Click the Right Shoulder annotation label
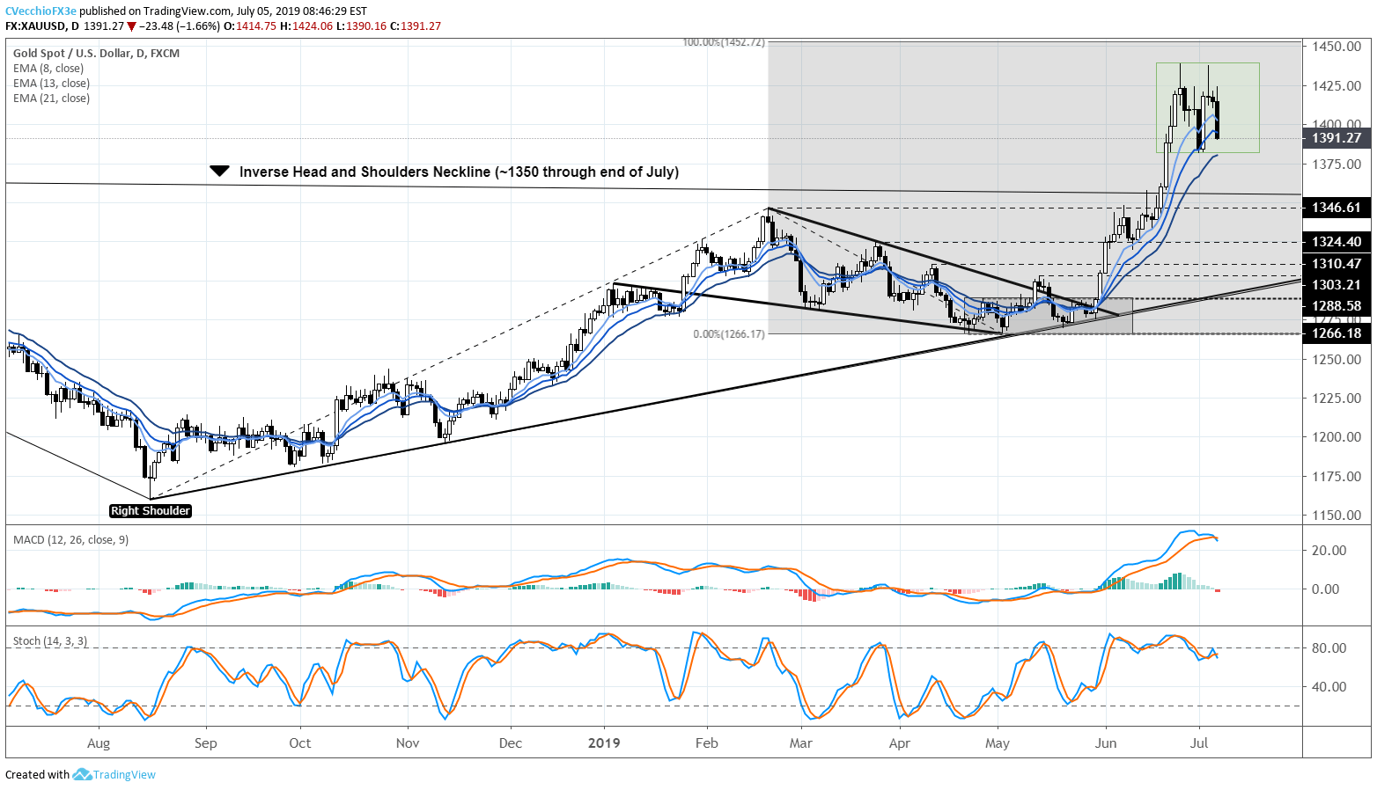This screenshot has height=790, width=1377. [151, 511]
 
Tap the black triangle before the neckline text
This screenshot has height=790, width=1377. [220, 172]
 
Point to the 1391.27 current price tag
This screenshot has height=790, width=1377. [1336, 138]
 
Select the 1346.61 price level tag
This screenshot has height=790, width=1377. [1336, 208]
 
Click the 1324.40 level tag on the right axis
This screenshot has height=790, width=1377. [1336, 242]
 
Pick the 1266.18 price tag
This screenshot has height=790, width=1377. [1336, 333]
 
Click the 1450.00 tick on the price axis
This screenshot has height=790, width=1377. [1336, 47]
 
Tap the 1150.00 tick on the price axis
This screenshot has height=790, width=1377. [1336, 516]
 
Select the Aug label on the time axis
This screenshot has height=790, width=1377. [99, 743]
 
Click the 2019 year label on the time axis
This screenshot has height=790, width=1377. [604, 743]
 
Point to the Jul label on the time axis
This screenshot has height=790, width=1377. [1198, 743]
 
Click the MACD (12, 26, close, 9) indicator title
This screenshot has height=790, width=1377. [70, 539]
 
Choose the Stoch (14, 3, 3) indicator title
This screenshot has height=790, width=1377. [50, 641]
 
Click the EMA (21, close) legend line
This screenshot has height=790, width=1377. [51, 99]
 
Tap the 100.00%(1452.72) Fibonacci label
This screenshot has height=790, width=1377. [724, 42]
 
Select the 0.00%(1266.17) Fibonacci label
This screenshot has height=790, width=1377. [729, 334]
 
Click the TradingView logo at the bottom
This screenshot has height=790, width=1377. [114, 775]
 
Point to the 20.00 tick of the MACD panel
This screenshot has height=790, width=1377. [1329, 551]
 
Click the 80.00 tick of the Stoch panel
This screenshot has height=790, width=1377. [1329, 648]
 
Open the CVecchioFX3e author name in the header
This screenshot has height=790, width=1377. [40, 11]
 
